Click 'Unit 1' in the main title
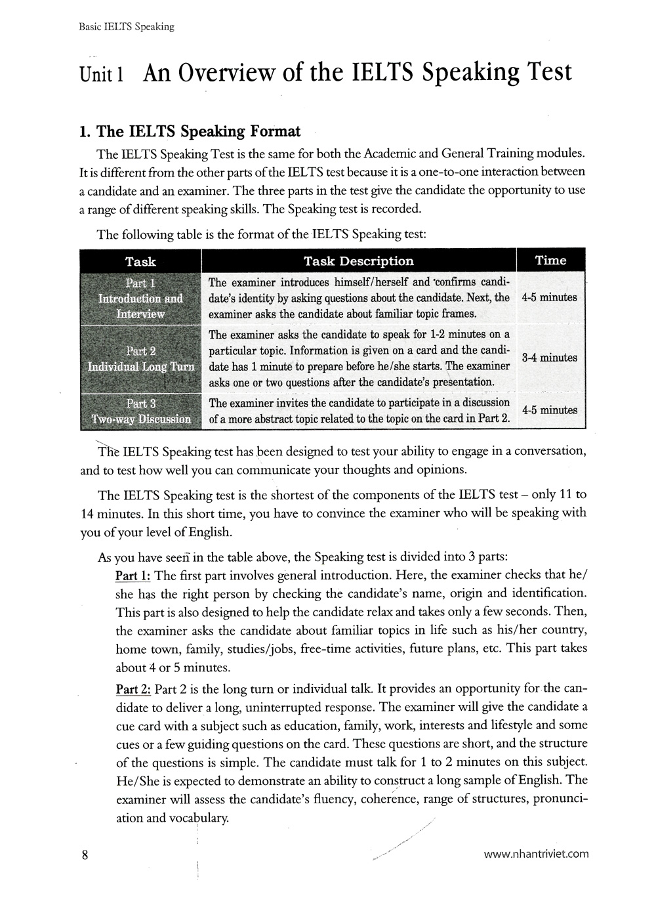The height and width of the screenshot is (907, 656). click(101, 74)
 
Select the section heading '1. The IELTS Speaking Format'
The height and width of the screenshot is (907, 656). click(189, 131)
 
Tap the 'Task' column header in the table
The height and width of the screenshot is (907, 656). click(140, 261)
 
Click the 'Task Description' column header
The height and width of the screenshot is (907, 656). click(359, 261)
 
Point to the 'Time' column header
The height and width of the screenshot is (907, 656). click(550, 261)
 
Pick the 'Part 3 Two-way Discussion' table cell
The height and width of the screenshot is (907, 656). click(140, 411)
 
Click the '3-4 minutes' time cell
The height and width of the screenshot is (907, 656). click(550, 358)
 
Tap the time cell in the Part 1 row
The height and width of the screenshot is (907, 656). click(550, 297)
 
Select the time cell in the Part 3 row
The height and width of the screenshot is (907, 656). click(550, 410)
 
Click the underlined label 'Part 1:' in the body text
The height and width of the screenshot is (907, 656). click(133, 576)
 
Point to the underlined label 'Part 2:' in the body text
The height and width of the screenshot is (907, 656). click(133, 689)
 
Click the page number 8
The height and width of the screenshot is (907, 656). click(85, 854)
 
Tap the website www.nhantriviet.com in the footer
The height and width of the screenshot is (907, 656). click(536, 854)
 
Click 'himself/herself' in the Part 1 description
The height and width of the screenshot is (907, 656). click(371, 282)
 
